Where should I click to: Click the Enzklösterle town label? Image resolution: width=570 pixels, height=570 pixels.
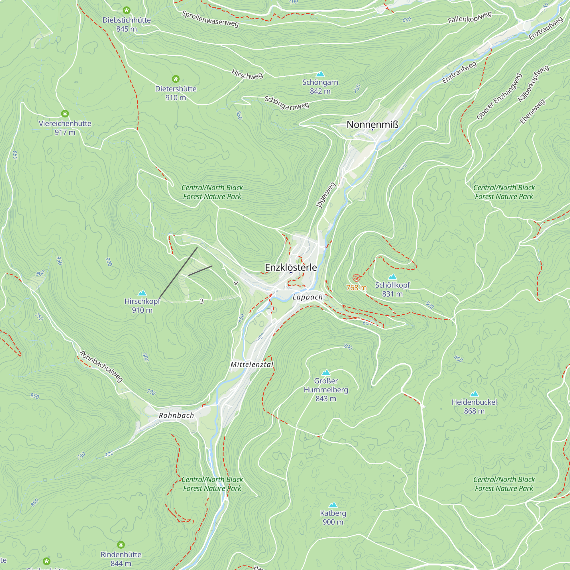pos(291,267)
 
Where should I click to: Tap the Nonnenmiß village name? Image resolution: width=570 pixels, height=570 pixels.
pos(372,125)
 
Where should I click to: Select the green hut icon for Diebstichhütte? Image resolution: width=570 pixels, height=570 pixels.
pos(127,10)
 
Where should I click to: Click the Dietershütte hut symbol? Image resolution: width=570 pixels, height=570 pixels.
pos(176,79)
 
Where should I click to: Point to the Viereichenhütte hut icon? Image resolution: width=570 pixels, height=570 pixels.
pos(65,114)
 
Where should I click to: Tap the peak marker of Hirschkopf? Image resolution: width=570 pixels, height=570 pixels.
pos(142,293)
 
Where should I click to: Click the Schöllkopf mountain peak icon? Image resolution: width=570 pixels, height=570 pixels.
pos(392,277)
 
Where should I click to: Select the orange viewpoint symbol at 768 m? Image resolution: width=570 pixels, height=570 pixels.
pos(357,278)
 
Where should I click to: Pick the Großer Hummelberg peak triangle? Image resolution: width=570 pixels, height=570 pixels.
pos(326,372)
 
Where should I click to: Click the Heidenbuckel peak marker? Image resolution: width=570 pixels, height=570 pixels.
pos(474,394)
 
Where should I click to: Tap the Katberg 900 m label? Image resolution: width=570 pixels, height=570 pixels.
pos(333,518)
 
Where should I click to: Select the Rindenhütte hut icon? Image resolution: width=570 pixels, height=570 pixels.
pos(121,545)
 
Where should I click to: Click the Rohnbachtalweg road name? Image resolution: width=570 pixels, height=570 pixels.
pos(101,366)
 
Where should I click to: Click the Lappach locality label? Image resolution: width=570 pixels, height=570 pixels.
pos(308,297)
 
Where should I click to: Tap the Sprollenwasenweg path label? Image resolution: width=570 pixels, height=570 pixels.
pos(210,19)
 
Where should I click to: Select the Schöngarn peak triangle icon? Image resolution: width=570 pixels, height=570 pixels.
pos(320,74)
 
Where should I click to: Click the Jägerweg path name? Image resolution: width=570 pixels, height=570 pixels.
pos(325,195)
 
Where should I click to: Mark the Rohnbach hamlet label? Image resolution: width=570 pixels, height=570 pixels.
pos(176,416)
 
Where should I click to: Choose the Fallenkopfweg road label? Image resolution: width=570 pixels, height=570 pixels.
pos(470,17)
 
